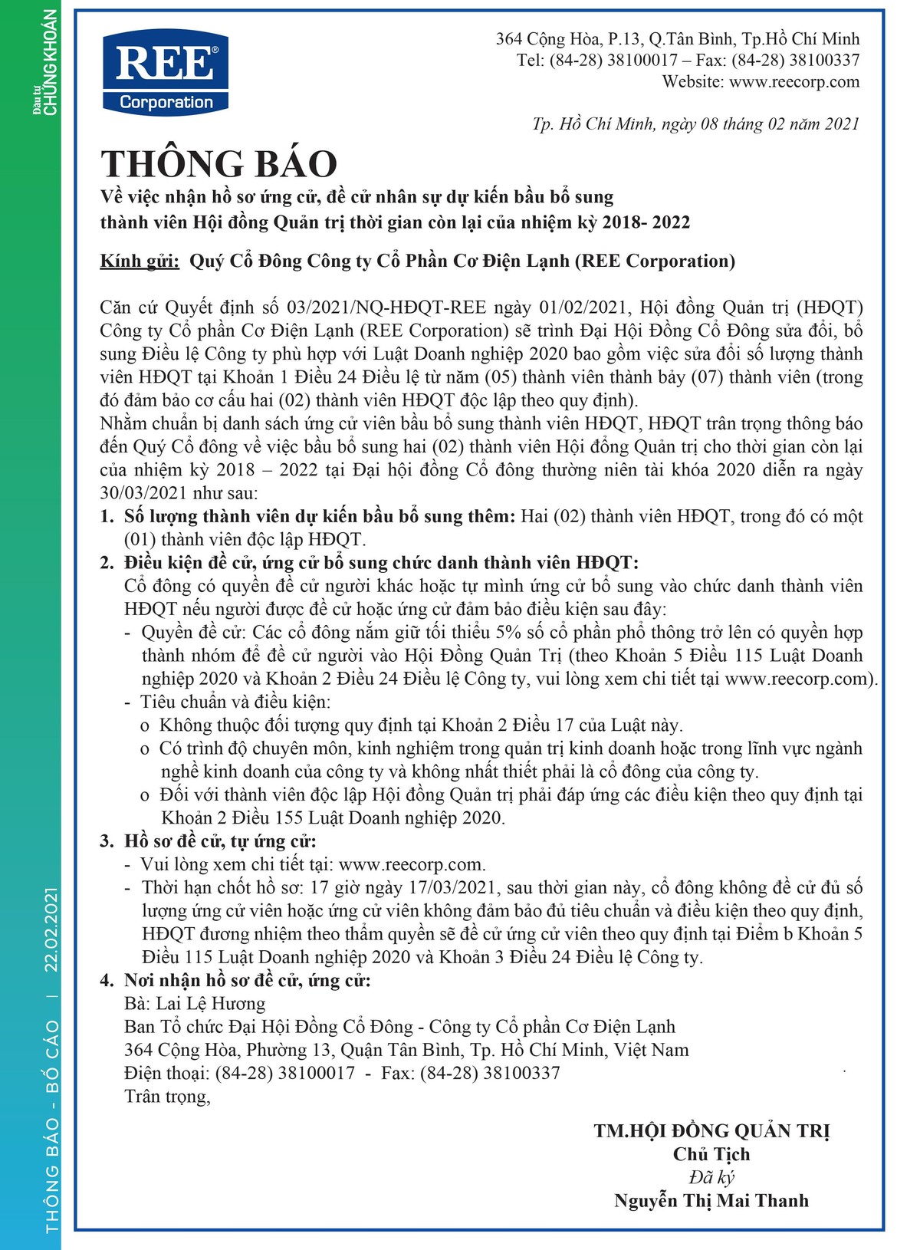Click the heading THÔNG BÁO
219,163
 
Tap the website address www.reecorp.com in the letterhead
794,82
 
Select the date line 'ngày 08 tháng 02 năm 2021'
767,124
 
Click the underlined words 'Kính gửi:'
140,262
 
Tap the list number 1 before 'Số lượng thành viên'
107,517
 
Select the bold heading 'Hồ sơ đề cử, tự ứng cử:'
220,841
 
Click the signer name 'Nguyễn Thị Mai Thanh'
711,1201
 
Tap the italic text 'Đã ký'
711,1178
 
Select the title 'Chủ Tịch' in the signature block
711,1155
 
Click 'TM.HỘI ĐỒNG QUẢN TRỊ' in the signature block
711,1131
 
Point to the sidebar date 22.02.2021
51,929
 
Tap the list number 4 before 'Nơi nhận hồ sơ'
107,981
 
